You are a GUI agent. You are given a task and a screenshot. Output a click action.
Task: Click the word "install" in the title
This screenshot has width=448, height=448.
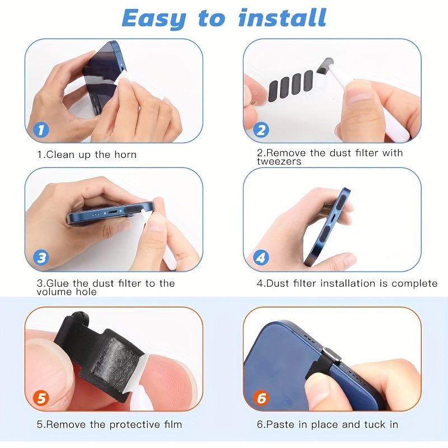coord(282,18)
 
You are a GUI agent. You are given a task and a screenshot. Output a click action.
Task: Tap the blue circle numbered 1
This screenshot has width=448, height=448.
coord(41,130)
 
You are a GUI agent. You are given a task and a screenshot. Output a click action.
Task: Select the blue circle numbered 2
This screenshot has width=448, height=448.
coord(261,130)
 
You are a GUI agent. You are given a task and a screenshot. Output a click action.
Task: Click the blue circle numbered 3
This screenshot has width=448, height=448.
coord(41,258)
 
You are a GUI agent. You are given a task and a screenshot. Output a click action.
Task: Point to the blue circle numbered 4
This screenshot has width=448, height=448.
coord(261,258)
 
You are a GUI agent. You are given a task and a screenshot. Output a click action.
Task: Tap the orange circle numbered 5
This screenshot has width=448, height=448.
coord(41,398)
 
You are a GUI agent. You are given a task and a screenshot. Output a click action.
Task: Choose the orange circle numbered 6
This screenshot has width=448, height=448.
coord(261,398)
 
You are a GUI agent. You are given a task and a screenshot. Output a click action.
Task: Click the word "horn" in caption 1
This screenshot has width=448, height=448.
coord(125,155)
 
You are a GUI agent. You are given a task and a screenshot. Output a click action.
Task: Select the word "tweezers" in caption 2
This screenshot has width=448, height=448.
coord(279,162)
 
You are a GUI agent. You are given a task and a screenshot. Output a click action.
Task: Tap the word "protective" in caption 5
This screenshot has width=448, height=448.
coord(135,425)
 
